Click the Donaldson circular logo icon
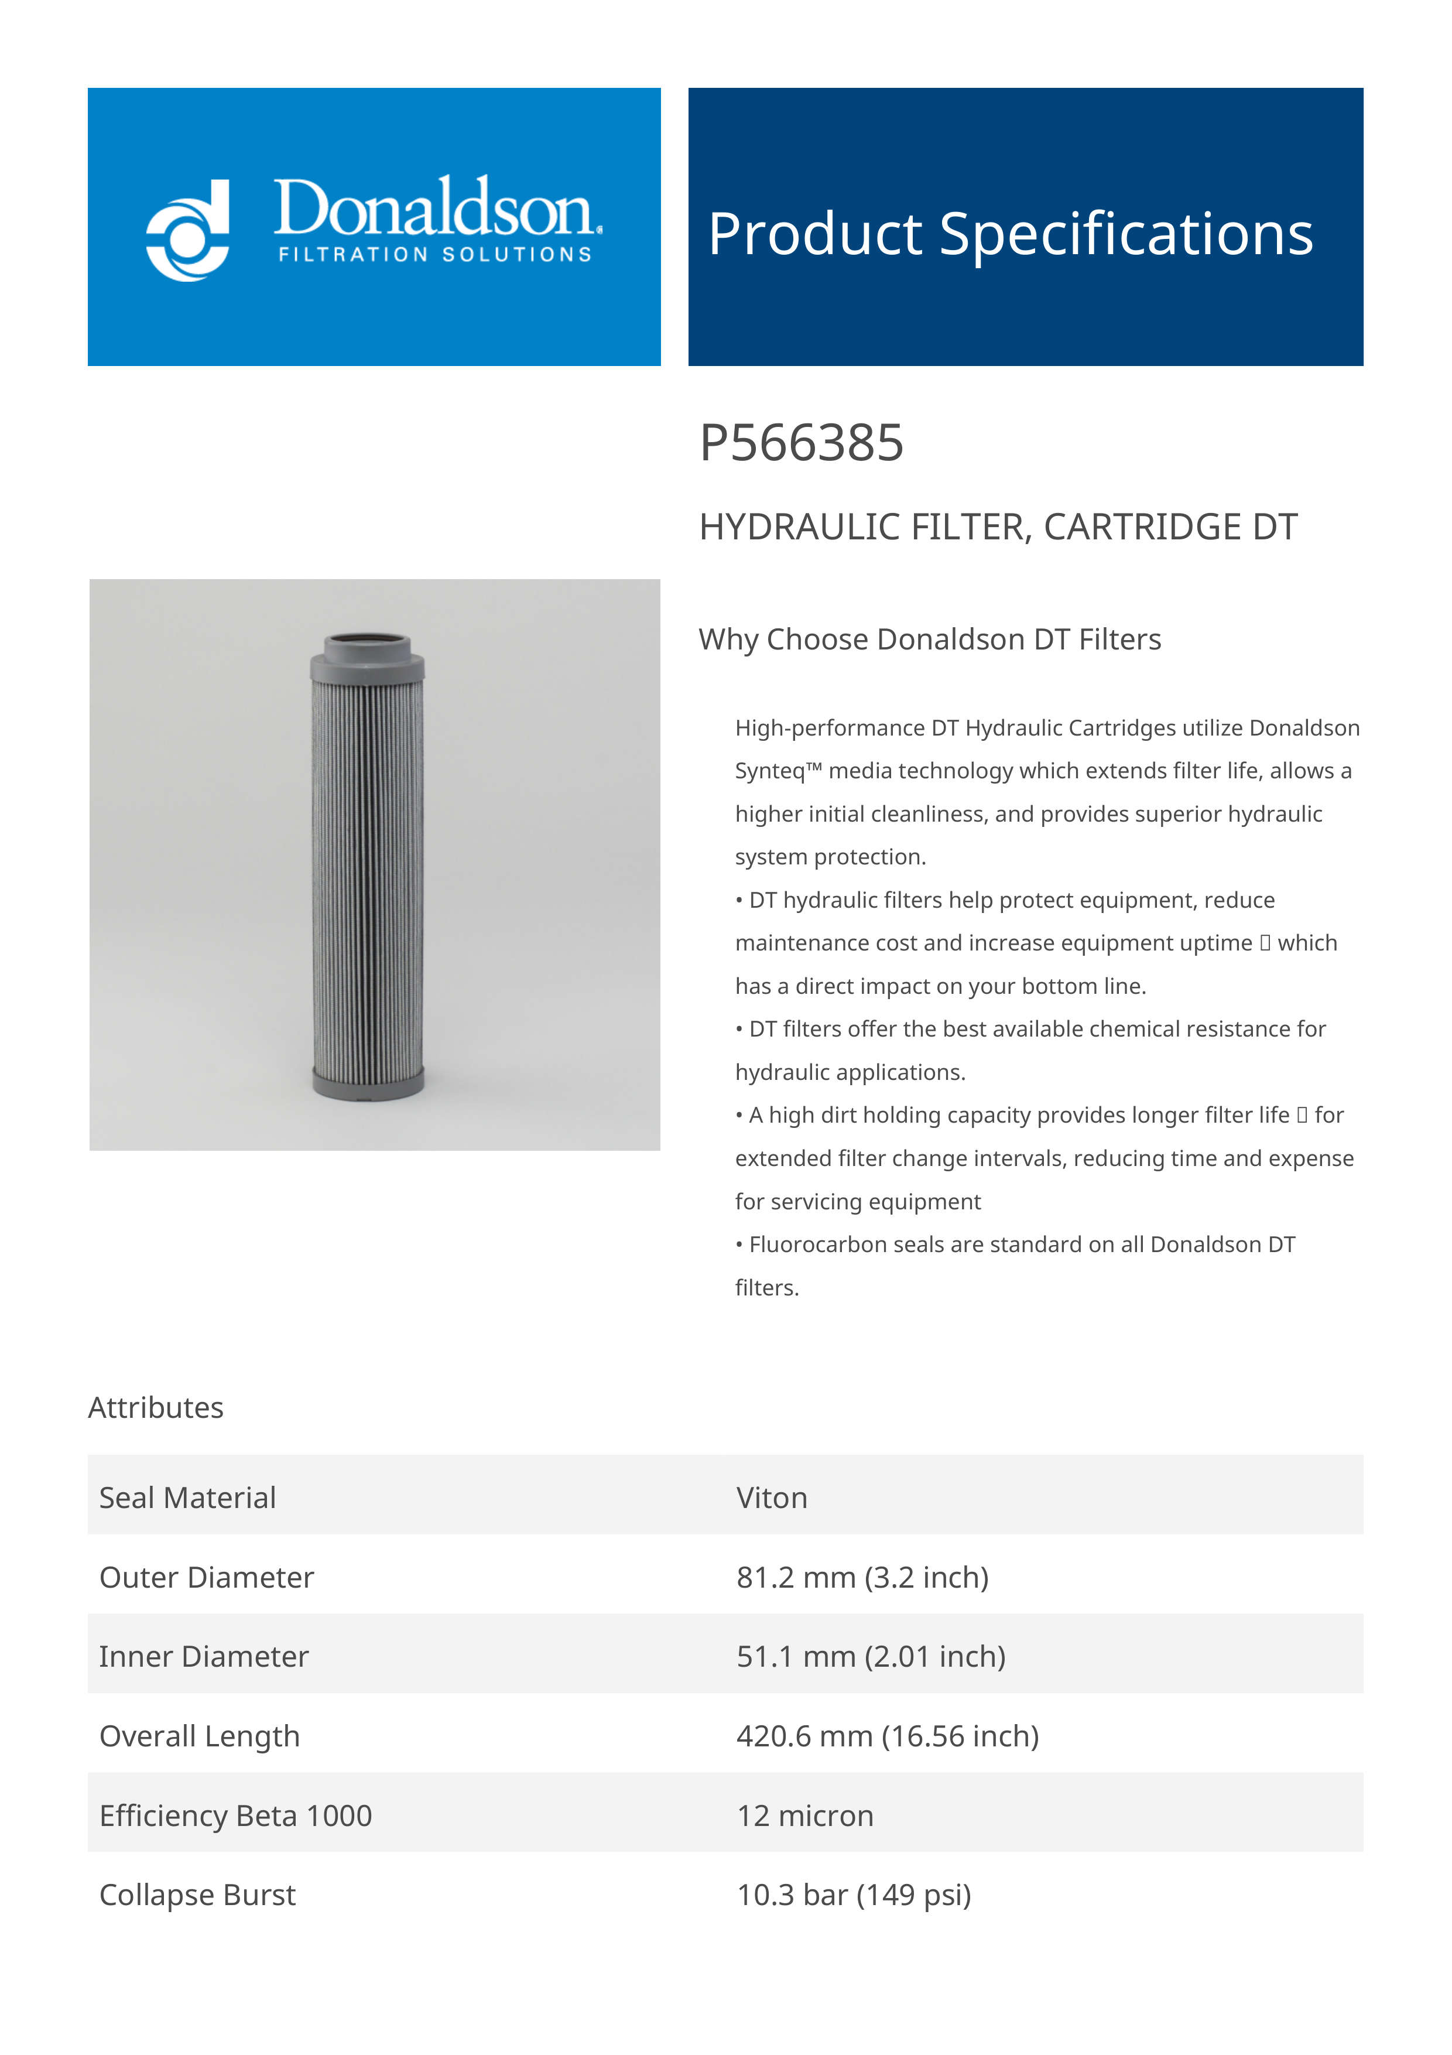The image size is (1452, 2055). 188,230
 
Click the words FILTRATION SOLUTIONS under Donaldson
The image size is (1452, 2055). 435,254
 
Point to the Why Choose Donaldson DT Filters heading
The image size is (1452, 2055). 930,639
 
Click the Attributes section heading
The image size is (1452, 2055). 156,1407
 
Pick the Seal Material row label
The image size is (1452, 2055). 188,1497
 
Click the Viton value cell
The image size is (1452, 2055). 771,1497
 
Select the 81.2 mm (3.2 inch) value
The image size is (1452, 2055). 862,1577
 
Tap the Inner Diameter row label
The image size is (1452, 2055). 204,1657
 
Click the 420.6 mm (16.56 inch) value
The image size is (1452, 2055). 888,1736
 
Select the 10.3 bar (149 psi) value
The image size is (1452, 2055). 854,1895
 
